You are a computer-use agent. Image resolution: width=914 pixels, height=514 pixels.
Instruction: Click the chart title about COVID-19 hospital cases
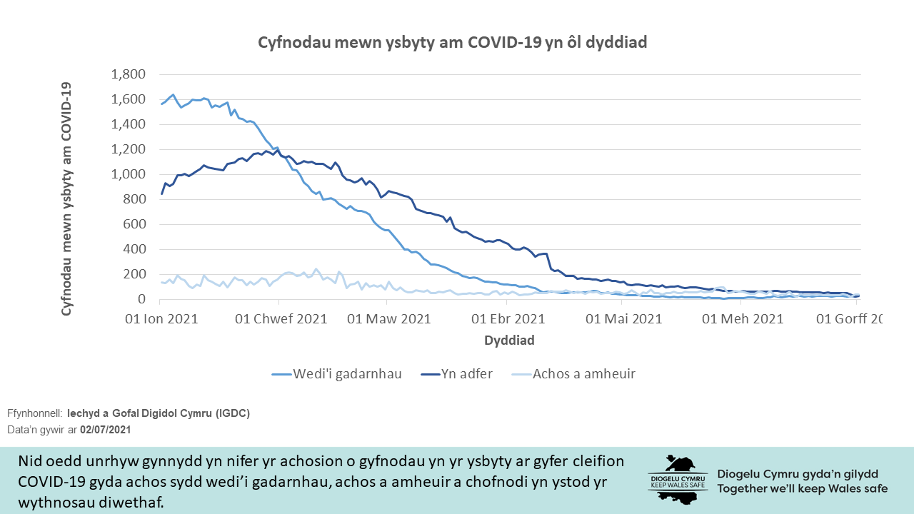pos(452,43)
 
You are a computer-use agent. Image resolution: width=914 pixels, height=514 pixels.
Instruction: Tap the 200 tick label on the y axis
pos(135,274)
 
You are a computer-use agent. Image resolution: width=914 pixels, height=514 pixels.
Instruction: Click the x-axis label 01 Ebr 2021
pos(509,318)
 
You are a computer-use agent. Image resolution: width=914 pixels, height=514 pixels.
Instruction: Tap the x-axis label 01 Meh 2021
pos(743,318)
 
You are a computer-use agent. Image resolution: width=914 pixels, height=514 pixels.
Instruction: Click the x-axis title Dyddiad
pos(509,341)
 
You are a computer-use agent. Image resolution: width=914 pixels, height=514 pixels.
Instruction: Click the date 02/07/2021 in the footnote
pos(105,430)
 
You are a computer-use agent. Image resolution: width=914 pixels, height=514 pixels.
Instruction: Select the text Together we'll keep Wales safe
pos(803,489)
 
